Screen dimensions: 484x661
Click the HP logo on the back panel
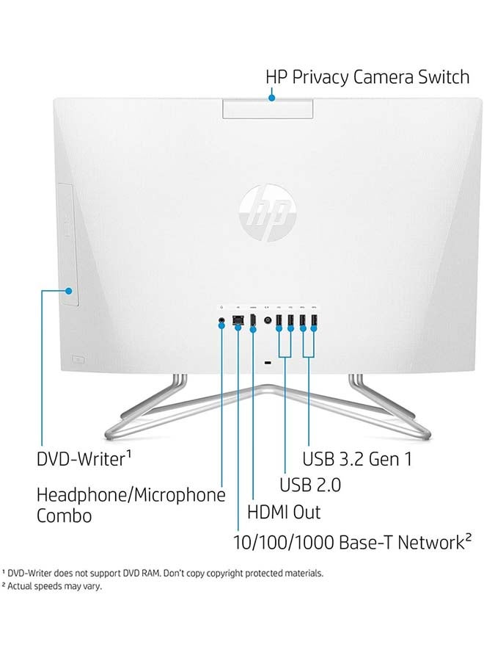click(x=268, y=213)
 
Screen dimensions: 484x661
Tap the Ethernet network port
click(x=238, y=320)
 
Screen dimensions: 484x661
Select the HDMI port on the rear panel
click(x=252, y=320)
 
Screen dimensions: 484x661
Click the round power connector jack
click(x=267, y=320)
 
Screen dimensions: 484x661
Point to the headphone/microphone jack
click(x=221, y=321)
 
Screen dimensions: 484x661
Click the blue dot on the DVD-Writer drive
click(x=69, y=291)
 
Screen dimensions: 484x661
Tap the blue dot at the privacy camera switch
click(x=272, y=98)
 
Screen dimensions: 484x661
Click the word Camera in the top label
click(x=383, y=77)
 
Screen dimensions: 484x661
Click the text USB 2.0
click(x=310, y=485)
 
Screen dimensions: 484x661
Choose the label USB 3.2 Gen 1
click(x=357, y=459)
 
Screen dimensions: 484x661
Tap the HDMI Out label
click(x=284, y=512)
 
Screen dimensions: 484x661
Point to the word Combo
click(x=64, y=516)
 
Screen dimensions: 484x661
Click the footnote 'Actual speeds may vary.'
click(x=55, y=586)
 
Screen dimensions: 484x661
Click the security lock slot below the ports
click(x=267, y=363)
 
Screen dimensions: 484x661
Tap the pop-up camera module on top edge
click(x=268, y=109)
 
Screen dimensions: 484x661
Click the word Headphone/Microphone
click(x=131, y=495)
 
